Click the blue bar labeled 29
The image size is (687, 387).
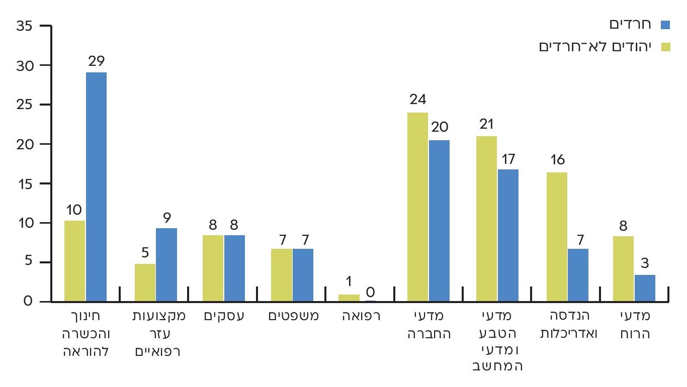click(96, 187)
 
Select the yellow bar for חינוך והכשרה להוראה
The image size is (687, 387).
click(75, 261)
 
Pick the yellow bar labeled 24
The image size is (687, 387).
click(417, 207)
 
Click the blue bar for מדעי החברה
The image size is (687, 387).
click(439, 221)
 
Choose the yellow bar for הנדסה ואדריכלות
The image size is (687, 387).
click(557, 237)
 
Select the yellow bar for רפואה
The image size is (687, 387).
click(349, 298)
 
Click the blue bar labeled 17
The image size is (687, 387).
click(508, 235)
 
